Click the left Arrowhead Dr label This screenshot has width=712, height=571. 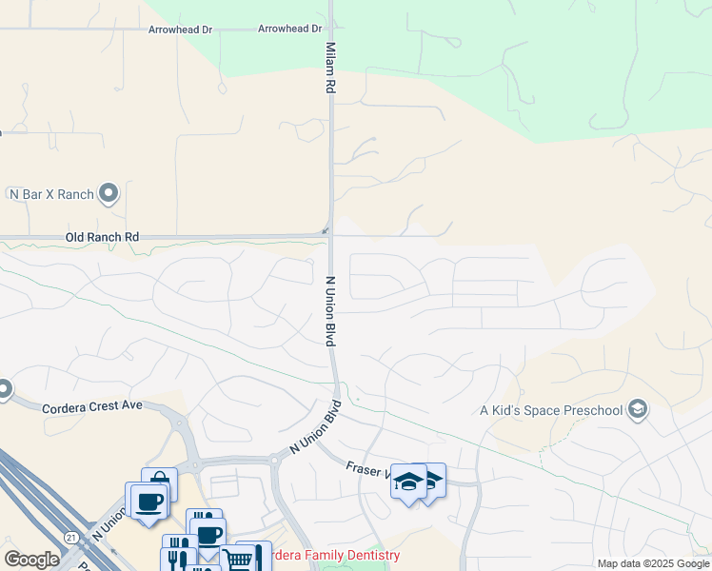coord(180,30)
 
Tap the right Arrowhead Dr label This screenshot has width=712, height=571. coord(289,30)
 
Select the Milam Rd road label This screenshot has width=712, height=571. coord(331,67)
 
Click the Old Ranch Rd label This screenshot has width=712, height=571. coord(102,236)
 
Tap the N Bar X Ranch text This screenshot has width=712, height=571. coord(51,194)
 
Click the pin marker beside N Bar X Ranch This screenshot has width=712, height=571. coord(109,193)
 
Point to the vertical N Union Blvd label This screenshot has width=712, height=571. coord(332,311)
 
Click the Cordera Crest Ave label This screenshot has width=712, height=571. coord(91,405)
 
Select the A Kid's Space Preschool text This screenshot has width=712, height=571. coord(551,410)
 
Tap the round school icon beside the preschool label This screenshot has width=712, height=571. coord(638,410)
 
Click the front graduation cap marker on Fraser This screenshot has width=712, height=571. coord(408,482)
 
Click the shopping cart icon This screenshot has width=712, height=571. coord(238,559)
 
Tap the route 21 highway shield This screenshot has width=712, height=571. coord(70,538)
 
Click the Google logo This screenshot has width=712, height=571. coord(31,560)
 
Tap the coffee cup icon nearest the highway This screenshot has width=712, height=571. coord(146,500)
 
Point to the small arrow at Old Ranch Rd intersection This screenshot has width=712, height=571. coord(326,229)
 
